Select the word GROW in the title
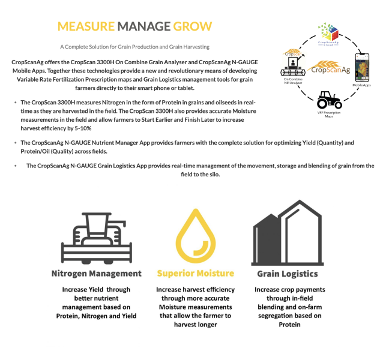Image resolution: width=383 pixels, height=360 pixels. (191, 26)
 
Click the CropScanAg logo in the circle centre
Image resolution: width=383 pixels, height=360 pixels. (330, 68)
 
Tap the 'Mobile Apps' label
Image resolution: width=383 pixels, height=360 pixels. (362, 85)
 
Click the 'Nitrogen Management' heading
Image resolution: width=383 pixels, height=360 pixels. (96, 274)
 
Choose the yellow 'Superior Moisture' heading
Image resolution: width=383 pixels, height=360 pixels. (195, 274)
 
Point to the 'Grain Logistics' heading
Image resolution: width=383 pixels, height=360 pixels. (288, 274)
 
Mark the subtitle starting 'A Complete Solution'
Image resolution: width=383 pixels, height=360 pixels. (134, 47)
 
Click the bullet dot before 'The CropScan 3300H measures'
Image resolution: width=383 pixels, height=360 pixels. (16, 103)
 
